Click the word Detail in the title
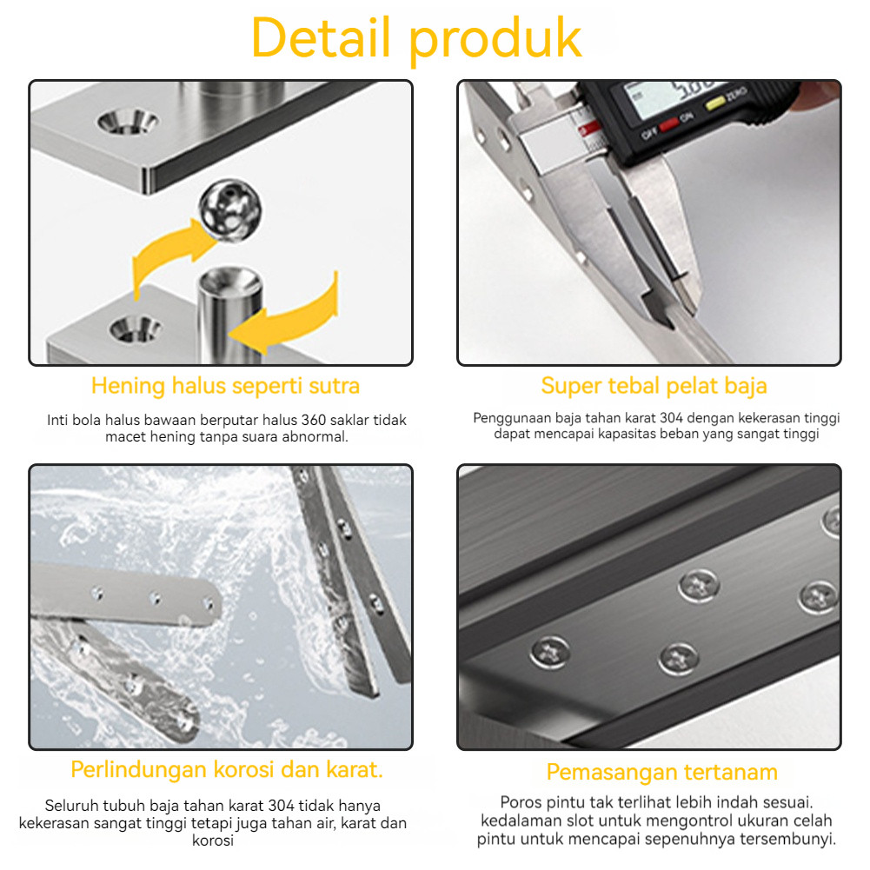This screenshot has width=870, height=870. pos(321,37)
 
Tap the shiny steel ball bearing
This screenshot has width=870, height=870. pos(229,209)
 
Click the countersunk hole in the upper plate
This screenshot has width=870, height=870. pos(128,121)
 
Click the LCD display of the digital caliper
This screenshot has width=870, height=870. pos(674,99)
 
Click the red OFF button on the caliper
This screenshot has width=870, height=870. pos(668,123)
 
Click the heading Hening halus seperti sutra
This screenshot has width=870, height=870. pos(225,386)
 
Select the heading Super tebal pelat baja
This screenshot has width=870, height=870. pos(654,386)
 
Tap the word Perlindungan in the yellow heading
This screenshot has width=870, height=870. pos(139,770)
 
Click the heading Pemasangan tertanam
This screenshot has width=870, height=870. pos(662,772)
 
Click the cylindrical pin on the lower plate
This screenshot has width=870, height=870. pos(229,314)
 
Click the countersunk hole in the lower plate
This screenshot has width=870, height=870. pos(135,329)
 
